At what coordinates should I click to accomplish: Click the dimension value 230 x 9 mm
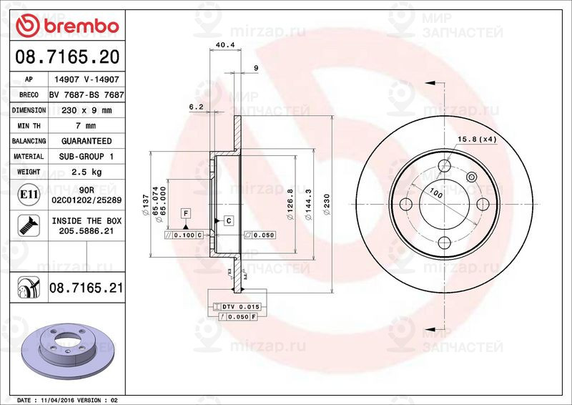tap(86, 110)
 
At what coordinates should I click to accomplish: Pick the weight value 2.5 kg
tap(86, 172)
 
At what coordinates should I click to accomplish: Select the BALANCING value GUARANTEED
tap(86, 141)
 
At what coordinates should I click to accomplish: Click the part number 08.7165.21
tap(86, 288)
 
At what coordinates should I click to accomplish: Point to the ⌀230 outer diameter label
tap(327, 204)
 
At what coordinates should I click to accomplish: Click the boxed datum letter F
tap(185, 213)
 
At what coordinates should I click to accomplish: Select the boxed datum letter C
tap(228, 220)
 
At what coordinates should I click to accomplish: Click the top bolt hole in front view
tap(445, 167)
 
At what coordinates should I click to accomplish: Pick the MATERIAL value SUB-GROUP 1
tap(86, 156)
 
